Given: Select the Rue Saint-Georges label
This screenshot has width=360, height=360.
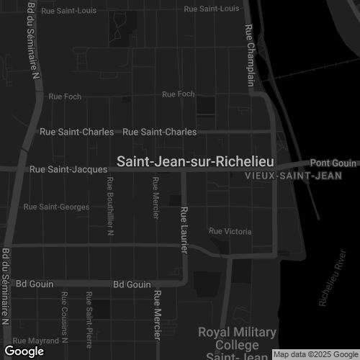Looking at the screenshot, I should (56, 207).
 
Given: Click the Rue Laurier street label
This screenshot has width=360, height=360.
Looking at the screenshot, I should (184, 230).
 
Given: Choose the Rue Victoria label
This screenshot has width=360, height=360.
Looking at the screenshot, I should (230, 231).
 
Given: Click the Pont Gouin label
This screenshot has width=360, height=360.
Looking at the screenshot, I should (333, 163).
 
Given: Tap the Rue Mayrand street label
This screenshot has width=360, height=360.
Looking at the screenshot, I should (36, 339).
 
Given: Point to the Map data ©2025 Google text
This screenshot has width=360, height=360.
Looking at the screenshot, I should (315, 354).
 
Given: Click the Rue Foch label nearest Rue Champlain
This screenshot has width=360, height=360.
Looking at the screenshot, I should (179, 94).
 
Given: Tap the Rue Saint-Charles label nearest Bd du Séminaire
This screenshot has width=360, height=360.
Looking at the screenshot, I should (76, 132).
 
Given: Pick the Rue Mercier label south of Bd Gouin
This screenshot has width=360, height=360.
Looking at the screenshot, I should (157, 315).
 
